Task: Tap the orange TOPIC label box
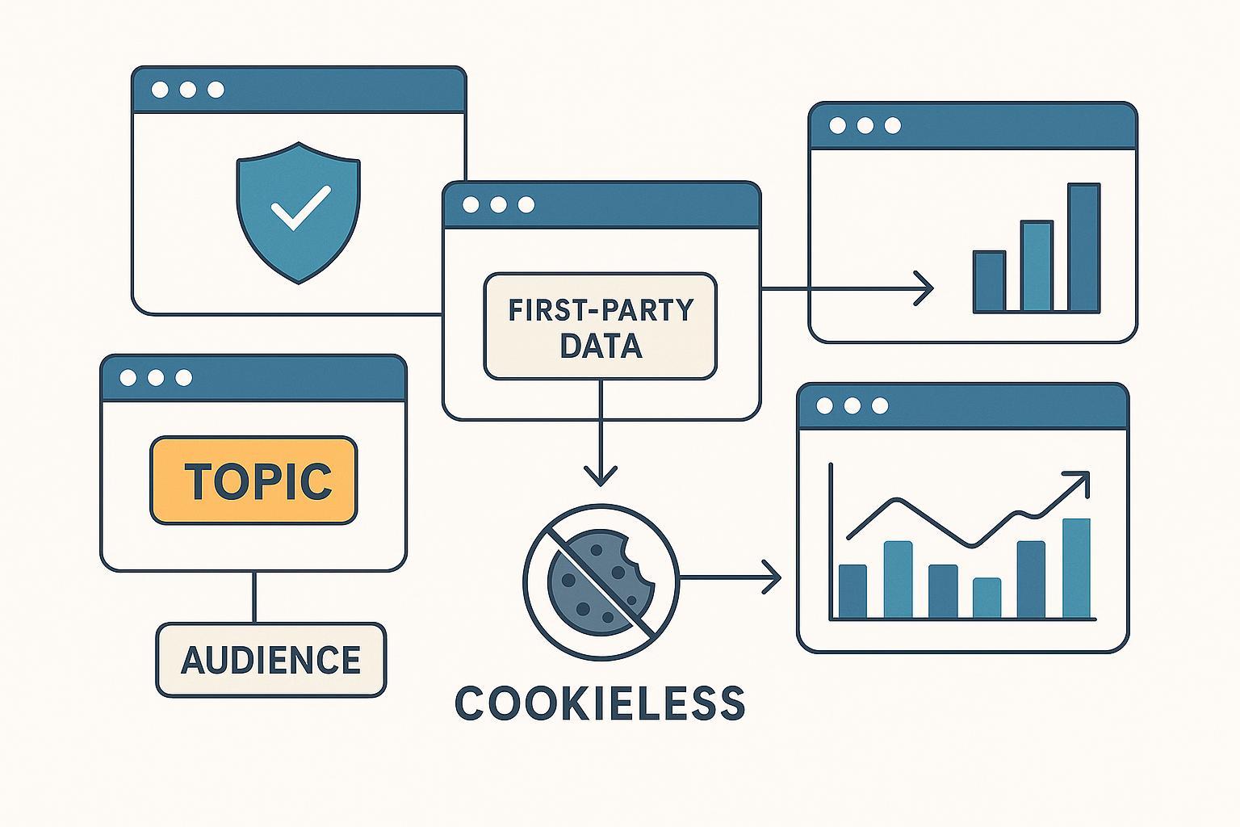coord(253,481)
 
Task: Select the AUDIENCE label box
coord(271,660)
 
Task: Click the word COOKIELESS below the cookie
coord(600,703)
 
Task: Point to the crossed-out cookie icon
coord(601,580)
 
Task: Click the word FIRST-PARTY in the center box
coord(600,310)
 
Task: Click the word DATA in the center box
coord(601,346)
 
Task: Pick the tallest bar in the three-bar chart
coord(1083,247)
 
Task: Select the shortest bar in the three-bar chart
coord(989,281)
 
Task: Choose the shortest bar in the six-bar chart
coord(987,598)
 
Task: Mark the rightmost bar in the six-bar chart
coord(1076,568)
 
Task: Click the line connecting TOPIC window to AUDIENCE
coord(254,597)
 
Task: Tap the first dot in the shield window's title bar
coord(160,90)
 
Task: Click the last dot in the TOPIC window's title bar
coord(184,377)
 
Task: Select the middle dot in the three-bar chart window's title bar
coord(865,125)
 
